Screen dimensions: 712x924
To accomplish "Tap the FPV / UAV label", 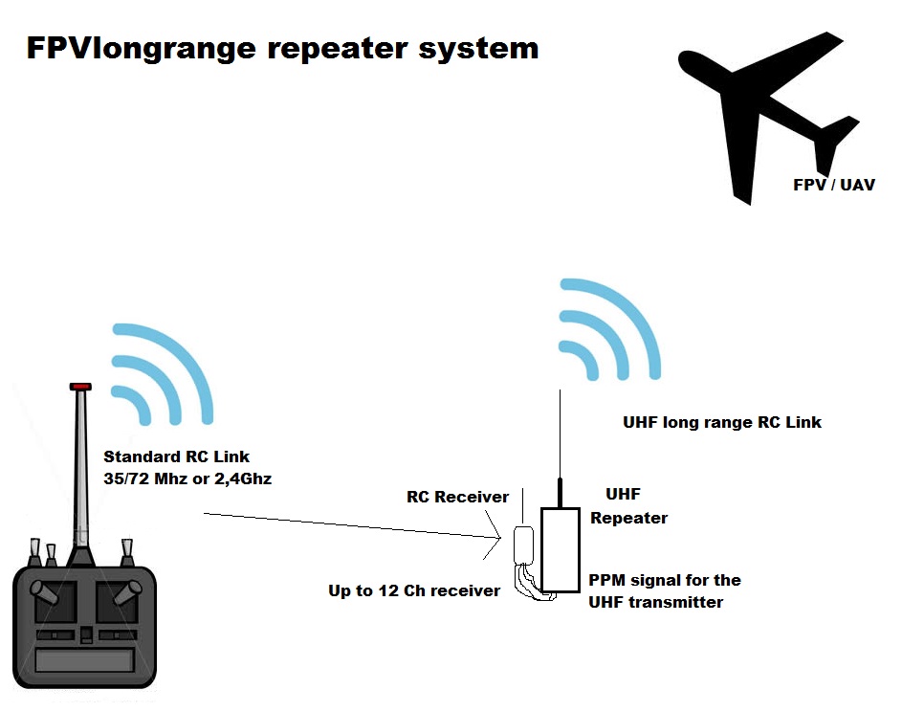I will pyautogui.click(x=834, y=185).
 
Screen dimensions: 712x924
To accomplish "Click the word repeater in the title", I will pyautogui.click(x=332, y=48).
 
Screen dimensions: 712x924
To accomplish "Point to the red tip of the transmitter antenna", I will pyautogui.click(x=80, y=387).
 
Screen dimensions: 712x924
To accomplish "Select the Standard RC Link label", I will pyautogui.click(x=176, y=456).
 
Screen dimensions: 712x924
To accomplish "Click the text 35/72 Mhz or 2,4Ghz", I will pyautogui.click(x=187, y=478).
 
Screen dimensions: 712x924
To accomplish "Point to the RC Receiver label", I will pyautogui.click(x=458, y=497).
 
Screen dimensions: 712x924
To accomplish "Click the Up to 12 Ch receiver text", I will pyautogui.click(x=414, y=590).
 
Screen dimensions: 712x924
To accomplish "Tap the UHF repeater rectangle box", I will pyautogui.click(x=560, y=550).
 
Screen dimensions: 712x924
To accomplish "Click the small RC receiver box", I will pyautogui.click(x=523, y=544).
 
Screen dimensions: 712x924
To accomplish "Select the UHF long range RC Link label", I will pyautogui.click(x=722, y=422).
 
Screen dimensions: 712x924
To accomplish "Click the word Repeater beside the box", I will pyautogui.click(x=628, y=518).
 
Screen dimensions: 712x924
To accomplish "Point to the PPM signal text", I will pyautogui.click(x=664, y=580).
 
